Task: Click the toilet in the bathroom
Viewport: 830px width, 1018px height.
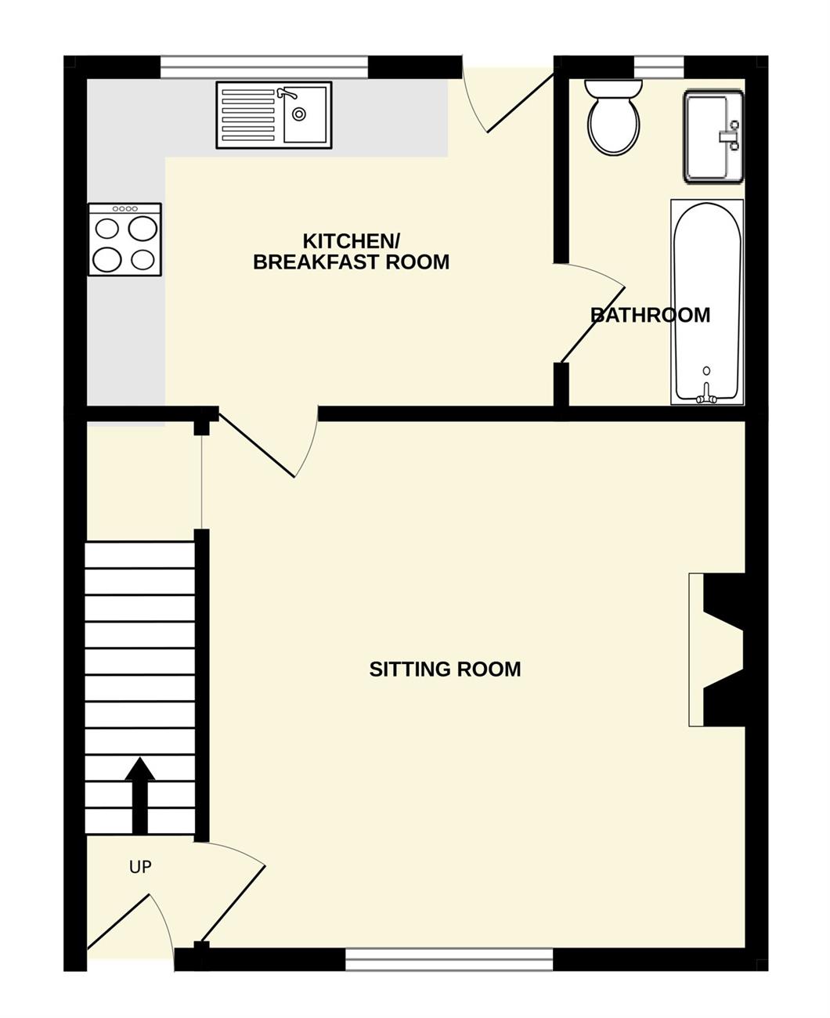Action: (613, 117)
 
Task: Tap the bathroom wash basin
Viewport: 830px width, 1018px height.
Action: (713, 136)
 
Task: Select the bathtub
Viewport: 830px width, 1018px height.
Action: (707, 301)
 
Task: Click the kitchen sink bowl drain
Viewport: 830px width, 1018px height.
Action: (299, 114)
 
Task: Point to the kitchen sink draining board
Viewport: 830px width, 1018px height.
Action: (248, 115)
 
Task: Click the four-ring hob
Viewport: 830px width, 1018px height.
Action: (125, 240)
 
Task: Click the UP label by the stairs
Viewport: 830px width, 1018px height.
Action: (140, 868)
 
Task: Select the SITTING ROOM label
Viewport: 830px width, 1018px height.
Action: (445, 669)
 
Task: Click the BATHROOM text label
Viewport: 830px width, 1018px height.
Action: (650, 316)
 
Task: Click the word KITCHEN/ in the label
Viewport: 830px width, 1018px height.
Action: (352, 241)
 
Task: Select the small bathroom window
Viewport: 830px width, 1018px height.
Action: (659, 67)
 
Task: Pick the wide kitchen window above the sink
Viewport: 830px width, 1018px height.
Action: (264, 67)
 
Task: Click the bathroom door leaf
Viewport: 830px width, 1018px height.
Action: (593, 325)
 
